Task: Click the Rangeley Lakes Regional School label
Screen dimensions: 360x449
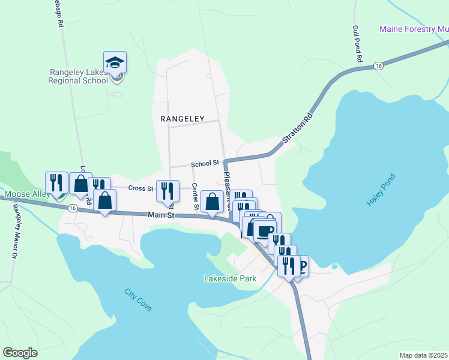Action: pyautogui.click(x=78, y=76)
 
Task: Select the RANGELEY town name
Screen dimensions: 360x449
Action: pyautogui.click(x=182, y=119)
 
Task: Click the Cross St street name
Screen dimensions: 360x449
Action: pyautogui.click(x=141, y=188)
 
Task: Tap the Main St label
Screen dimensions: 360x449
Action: pyautogui.click(x=161, y=214)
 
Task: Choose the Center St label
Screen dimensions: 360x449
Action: pyautogui.click(x=195, y=197)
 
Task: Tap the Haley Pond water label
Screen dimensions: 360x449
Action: pyautogui.click(x=381, y=191)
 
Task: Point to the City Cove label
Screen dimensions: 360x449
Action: pyautogui.click(x=138, y=299)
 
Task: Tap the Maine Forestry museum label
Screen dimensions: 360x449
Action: pyautogui.click(x=414, y=29)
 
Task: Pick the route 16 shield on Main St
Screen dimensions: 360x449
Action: pyautogui.click(x=72, y=208)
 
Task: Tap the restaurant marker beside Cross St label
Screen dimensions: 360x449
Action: pyautogui.click(x=167, y=191)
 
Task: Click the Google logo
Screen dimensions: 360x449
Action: pyautogui.click(x=20, y=352)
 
